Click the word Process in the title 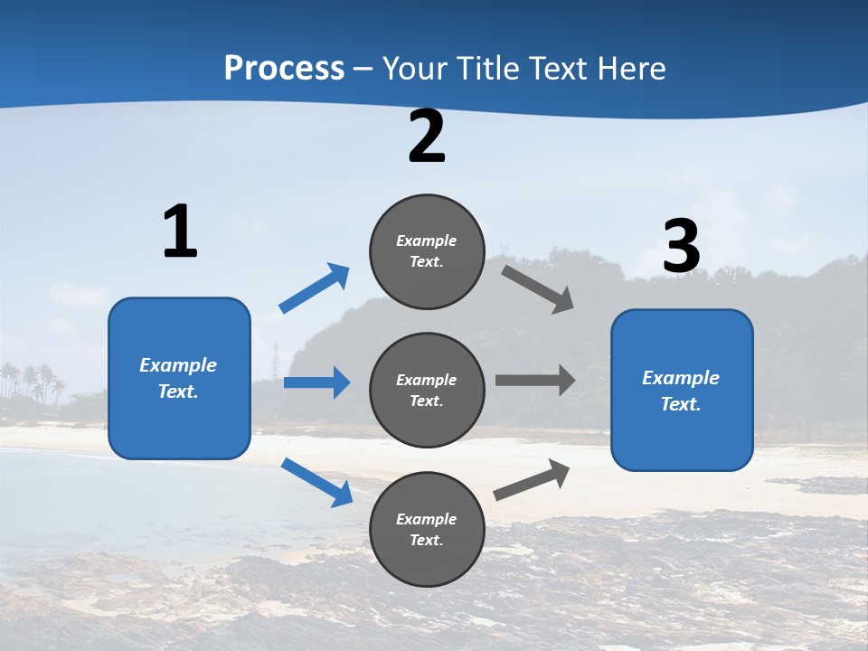tap(284, 69)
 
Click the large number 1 tap(180, 231)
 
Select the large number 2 tap(427, 137)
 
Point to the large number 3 tap(681, 247)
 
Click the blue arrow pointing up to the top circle tap(315, 288)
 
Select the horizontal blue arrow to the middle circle tap(316, 382)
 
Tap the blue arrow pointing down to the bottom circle tap(316, 482)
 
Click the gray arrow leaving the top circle tap(538, 289)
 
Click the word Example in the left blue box tap(178, 365)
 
